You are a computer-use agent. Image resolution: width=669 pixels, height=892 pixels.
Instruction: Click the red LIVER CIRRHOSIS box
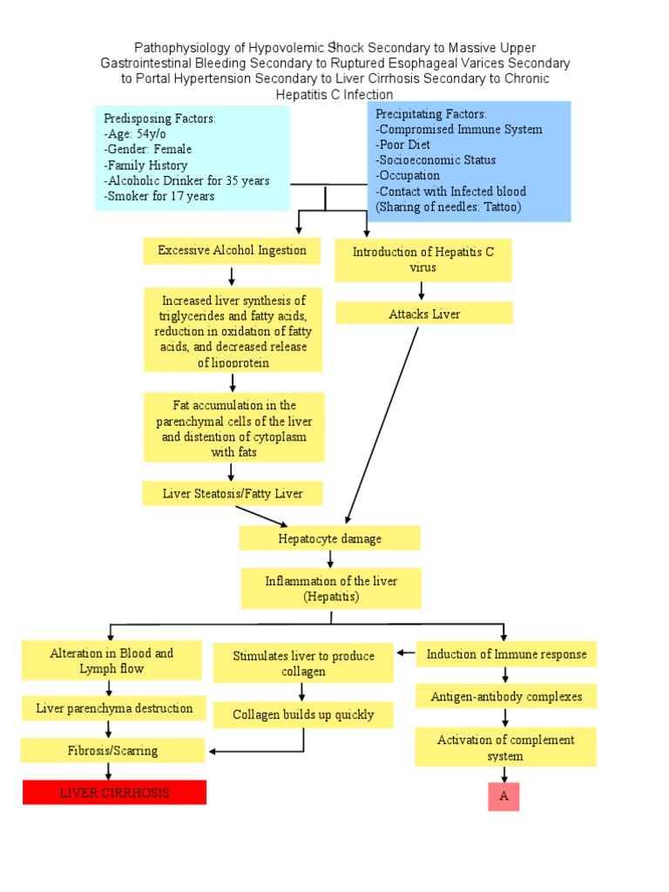(x=114, y=793)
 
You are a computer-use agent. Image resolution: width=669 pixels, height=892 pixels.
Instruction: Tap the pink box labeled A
(x=503, y=796)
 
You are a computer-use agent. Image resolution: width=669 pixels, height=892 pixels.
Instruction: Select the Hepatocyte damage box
(x=329, y=538)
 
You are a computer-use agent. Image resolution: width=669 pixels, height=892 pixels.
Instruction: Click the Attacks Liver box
(x=424, y=314)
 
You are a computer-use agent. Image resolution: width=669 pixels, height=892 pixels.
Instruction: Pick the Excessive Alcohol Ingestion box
(x=232, y=251)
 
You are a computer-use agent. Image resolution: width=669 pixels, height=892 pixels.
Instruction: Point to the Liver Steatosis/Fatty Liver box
(x=233, y=494)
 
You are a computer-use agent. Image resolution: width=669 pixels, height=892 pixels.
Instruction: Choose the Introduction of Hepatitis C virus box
(x=422, y=260)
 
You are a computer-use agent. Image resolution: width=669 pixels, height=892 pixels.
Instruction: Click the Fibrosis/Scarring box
(x=113, y=750)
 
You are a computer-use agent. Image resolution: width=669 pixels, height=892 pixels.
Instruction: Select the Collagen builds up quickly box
(x=303, y=715)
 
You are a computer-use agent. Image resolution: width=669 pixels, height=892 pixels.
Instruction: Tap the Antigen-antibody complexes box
(x=506, y=697)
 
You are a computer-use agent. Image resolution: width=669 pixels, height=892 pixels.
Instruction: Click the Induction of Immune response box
(x=506, y=654)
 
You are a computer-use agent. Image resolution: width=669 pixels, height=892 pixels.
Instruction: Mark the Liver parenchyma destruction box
(x=114, y=708)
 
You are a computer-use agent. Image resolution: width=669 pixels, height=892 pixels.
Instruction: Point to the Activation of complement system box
(x=505, y=747)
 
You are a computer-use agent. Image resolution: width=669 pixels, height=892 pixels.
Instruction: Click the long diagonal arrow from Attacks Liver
(x=383, y=422)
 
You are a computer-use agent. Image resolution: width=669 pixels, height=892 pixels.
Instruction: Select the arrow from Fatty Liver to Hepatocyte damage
(x=261, y=516)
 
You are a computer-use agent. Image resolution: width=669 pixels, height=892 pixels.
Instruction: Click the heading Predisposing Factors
(x=159, y=118)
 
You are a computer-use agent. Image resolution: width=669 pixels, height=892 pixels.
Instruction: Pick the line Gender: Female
(x=147, y=149)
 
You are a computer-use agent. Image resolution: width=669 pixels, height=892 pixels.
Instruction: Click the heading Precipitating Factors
(x=431, y=114)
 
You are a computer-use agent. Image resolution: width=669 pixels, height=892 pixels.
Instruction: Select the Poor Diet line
(x=402, y=145)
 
